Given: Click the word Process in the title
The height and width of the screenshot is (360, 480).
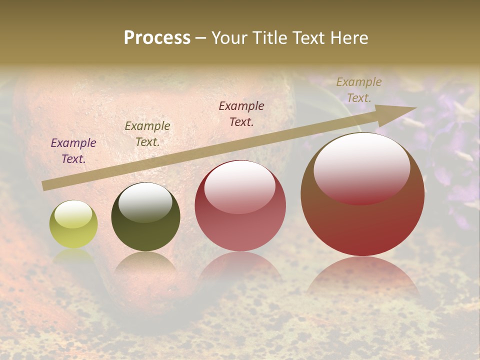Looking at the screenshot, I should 157,38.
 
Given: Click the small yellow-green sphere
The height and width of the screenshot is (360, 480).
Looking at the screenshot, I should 73,224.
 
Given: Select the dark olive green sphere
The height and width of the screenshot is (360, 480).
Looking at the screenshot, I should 145,217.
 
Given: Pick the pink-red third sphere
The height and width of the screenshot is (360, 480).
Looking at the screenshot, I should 240,205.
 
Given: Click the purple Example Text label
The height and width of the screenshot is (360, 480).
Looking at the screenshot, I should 73,151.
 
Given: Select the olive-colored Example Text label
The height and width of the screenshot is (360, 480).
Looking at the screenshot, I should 147,134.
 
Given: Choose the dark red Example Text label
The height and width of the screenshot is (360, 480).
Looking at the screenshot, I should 241,113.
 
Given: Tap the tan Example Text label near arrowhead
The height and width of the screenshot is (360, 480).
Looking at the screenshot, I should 359,90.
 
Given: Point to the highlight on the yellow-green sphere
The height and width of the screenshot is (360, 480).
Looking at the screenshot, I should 73,214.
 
